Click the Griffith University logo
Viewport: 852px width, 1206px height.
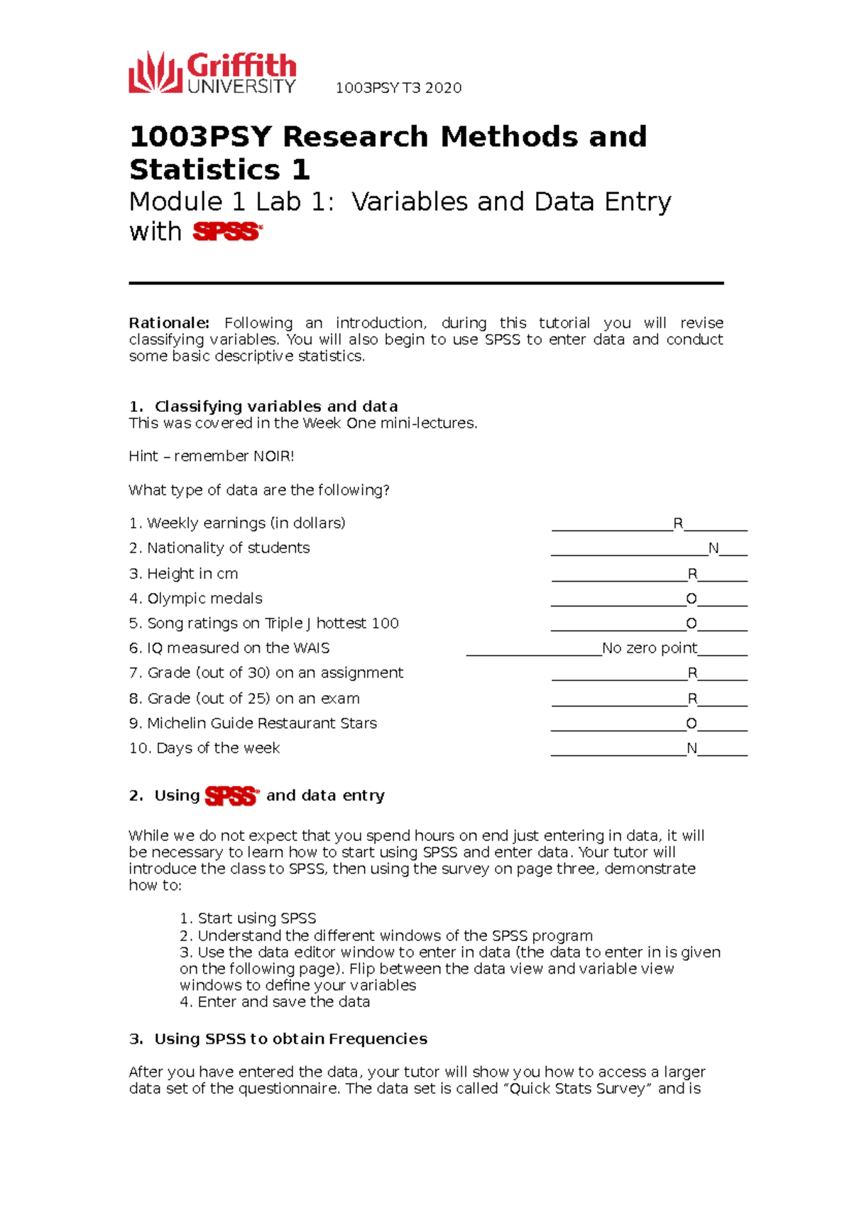click(x=212, y=72)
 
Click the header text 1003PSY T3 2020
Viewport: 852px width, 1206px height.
click(x=398, y=88)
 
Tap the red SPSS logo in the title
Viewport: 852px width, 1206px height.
click(x=227, y=232)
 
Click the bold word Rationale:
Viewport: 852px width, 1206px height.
click(x=169, y=323)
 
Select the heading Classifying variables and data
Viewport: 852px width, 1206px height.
click(x=275, y=406)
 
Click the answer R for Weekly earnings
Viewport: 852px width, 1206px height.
click(x=678, y=523)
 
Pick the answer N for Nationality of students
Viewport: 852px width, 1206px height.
click(x=714, y=548)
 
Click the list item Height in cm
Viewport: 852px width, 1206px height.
click(x=192, y=574)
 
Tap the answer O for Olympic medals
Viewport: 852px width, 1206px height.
click(x=691, y=599)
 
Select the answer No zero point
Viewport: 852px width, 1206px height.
click(x=649, y=648)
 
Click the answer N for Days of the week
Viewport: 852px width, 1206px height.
click(x=692, y=748)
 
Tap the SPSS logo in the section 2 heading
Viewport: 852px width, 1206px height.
click(x=231, y=796)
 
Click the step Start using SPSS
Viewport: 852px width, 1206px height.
click(x=256, y=918)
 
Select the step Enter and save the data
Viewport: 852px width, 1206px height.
click(x=283, y=1002)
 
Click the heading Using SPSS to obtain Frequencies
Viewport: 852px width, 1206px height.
click(x=290, y=1039)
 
